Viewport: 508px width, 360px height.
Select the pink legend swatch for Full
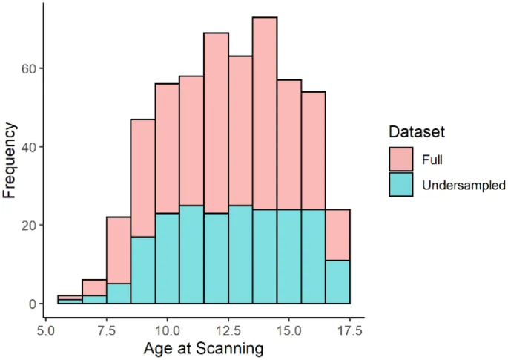coord(401,160)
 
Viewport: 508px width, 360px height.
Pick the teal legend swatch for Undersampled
coord(401,185)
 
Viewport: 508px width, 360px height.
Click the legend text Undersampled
coord(464,185)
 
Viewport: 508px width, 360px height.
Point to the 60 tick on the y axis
coord(30,68)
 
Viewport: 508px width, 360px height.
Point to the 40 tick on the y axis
coord(30,147)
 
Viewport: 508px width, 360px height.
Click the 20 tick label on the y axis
coord(30,226)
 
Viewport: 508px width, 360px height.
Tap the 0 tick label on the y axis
coord(33,304)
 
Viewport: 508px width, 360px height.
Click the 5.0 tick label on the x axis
coord(46,327)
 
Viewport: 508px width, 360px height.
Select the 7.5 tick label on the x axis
coord(107,327)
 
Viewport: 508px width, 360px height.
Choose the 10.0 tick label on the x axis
coord(168,327)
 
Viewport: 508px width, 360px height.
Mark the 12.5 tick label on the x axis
coord(228,327)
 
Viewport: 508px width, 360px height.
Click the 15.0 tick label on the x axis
coord(289,327)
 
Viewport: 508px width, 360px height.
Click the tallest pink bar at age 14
coord(265,111)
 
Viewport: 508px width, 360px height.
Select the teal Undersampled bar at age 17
coord(337,282)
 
